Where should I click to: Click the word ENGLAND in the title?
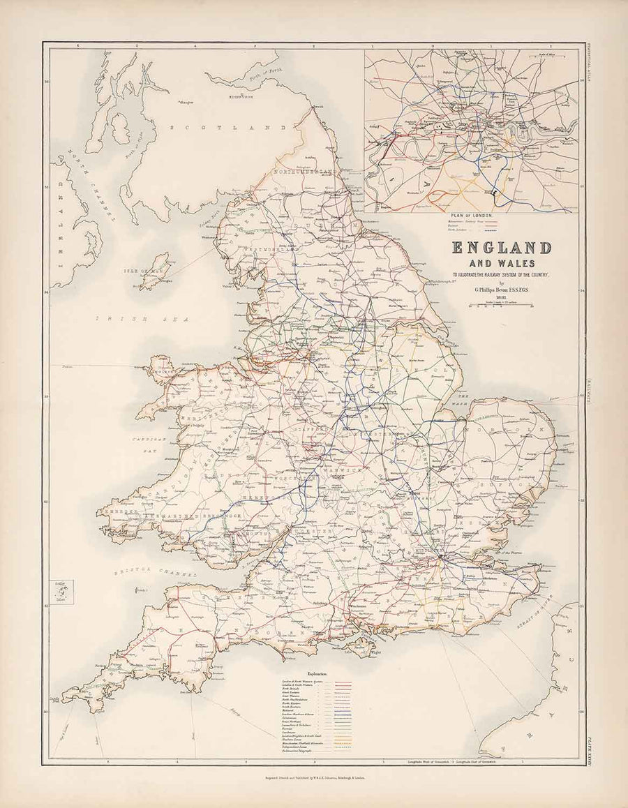tap(502, 248)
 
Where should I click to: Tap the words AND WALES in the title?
tap(502, 263)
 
